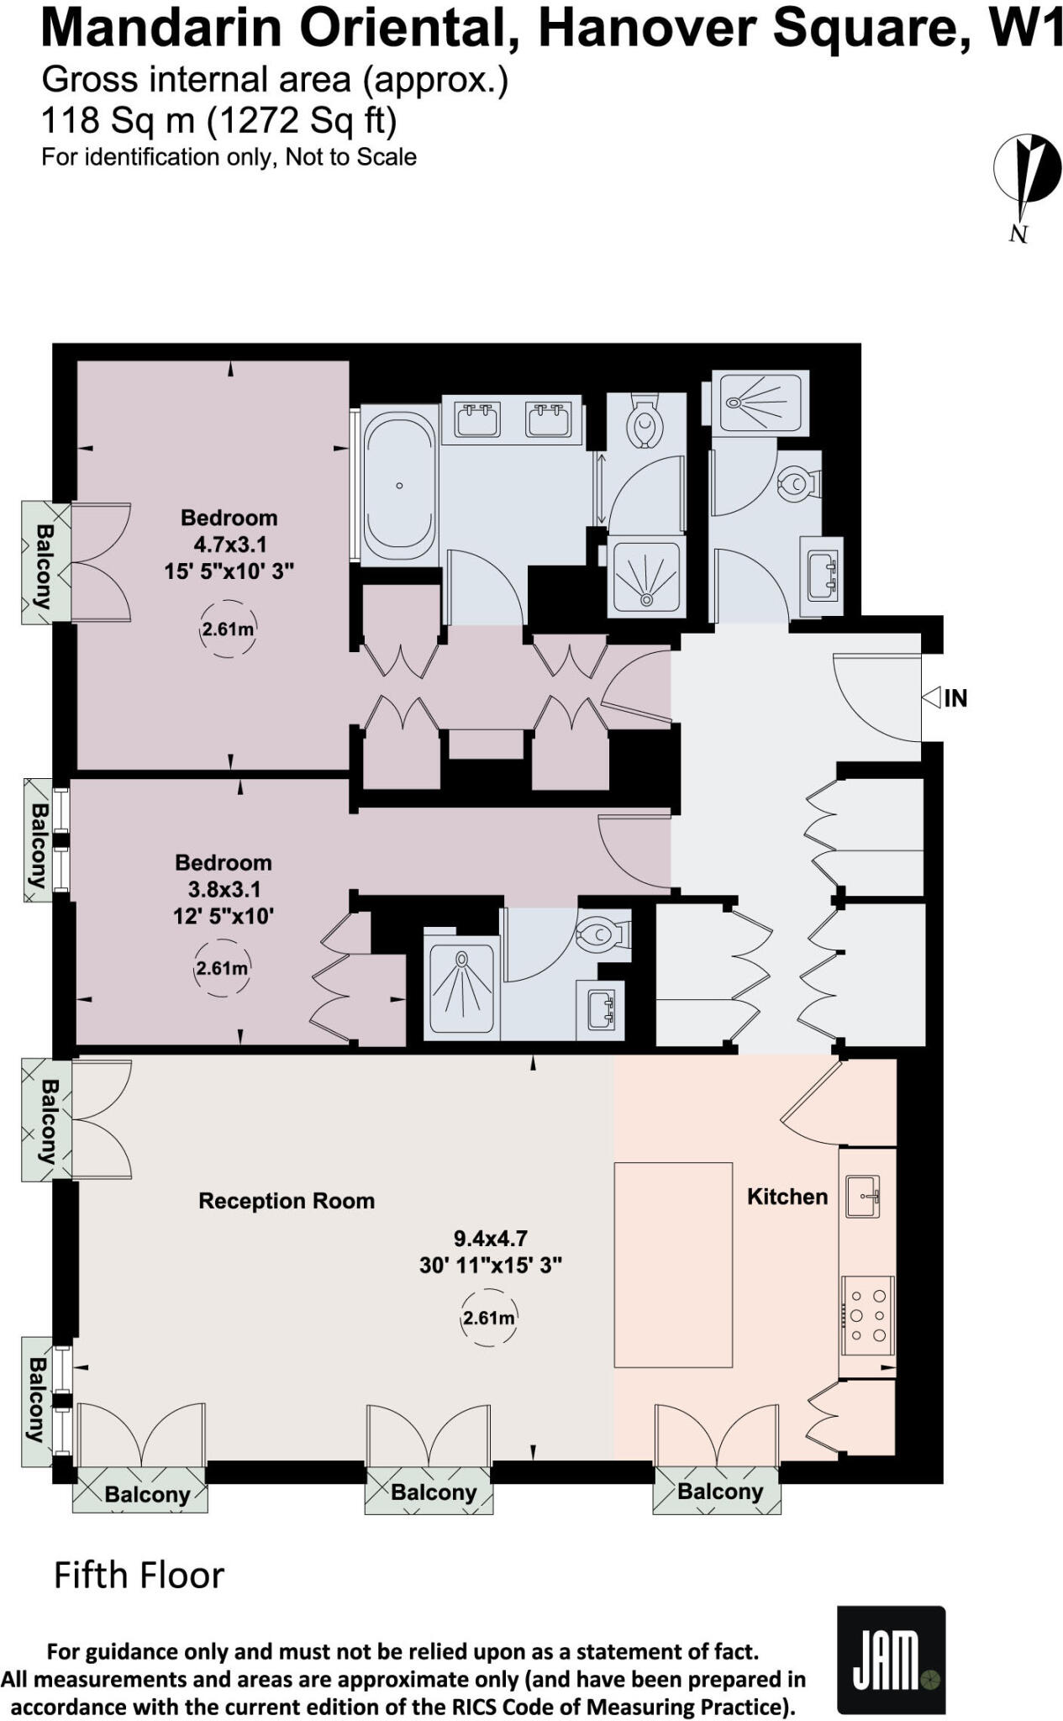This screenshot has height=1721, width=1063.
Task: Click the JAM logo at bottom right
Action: pyautogui.click(x=891, y=1660)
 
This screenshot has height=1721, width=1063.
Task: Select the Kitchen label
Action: pyautogui.click(x=787, y=1197)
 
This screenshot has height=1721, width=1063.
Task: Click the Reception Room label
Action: pyautogui.click(x=286, y=1201)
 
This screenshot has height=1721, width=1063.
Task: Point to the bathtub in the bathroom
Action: pyautogui.click(x=400, y=486)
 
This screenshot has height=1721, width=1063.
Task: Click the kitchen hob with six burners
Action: pyautogui.click(x=868, y=1316)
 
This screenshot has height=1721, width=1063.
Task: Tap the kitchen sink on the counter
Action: pyautogui.click(x=863, y=1197)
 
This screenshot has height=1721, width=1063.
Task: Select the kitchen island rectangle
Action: pyautogui.click(x=673, y=1265)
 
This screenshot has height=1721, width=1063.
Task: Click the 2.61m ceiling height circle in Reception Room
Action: pyautogui.click(x=489, y=1318)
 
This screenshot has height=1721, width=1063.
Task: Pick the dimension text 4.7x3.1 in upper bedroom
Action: pyautogui.click(x=229, y=545)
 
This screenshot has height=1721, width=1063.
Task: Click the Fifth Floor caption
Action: pyautogui.click(x=139, y=1576)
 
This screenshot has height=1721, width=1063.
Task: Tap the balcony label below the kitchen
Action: pyautogui.click(x=719, y=1492)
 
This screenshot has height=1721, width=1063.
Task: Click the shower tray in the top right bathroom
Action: pyautogui.click(x=760, y=403)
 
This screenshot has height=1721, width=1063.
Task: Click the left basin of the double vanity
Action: pyautogui.click(x=476, y=419)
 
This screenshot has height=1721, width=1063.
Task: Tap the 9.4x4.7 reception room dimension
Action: pyautogui.click(x=490, y=1238)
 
